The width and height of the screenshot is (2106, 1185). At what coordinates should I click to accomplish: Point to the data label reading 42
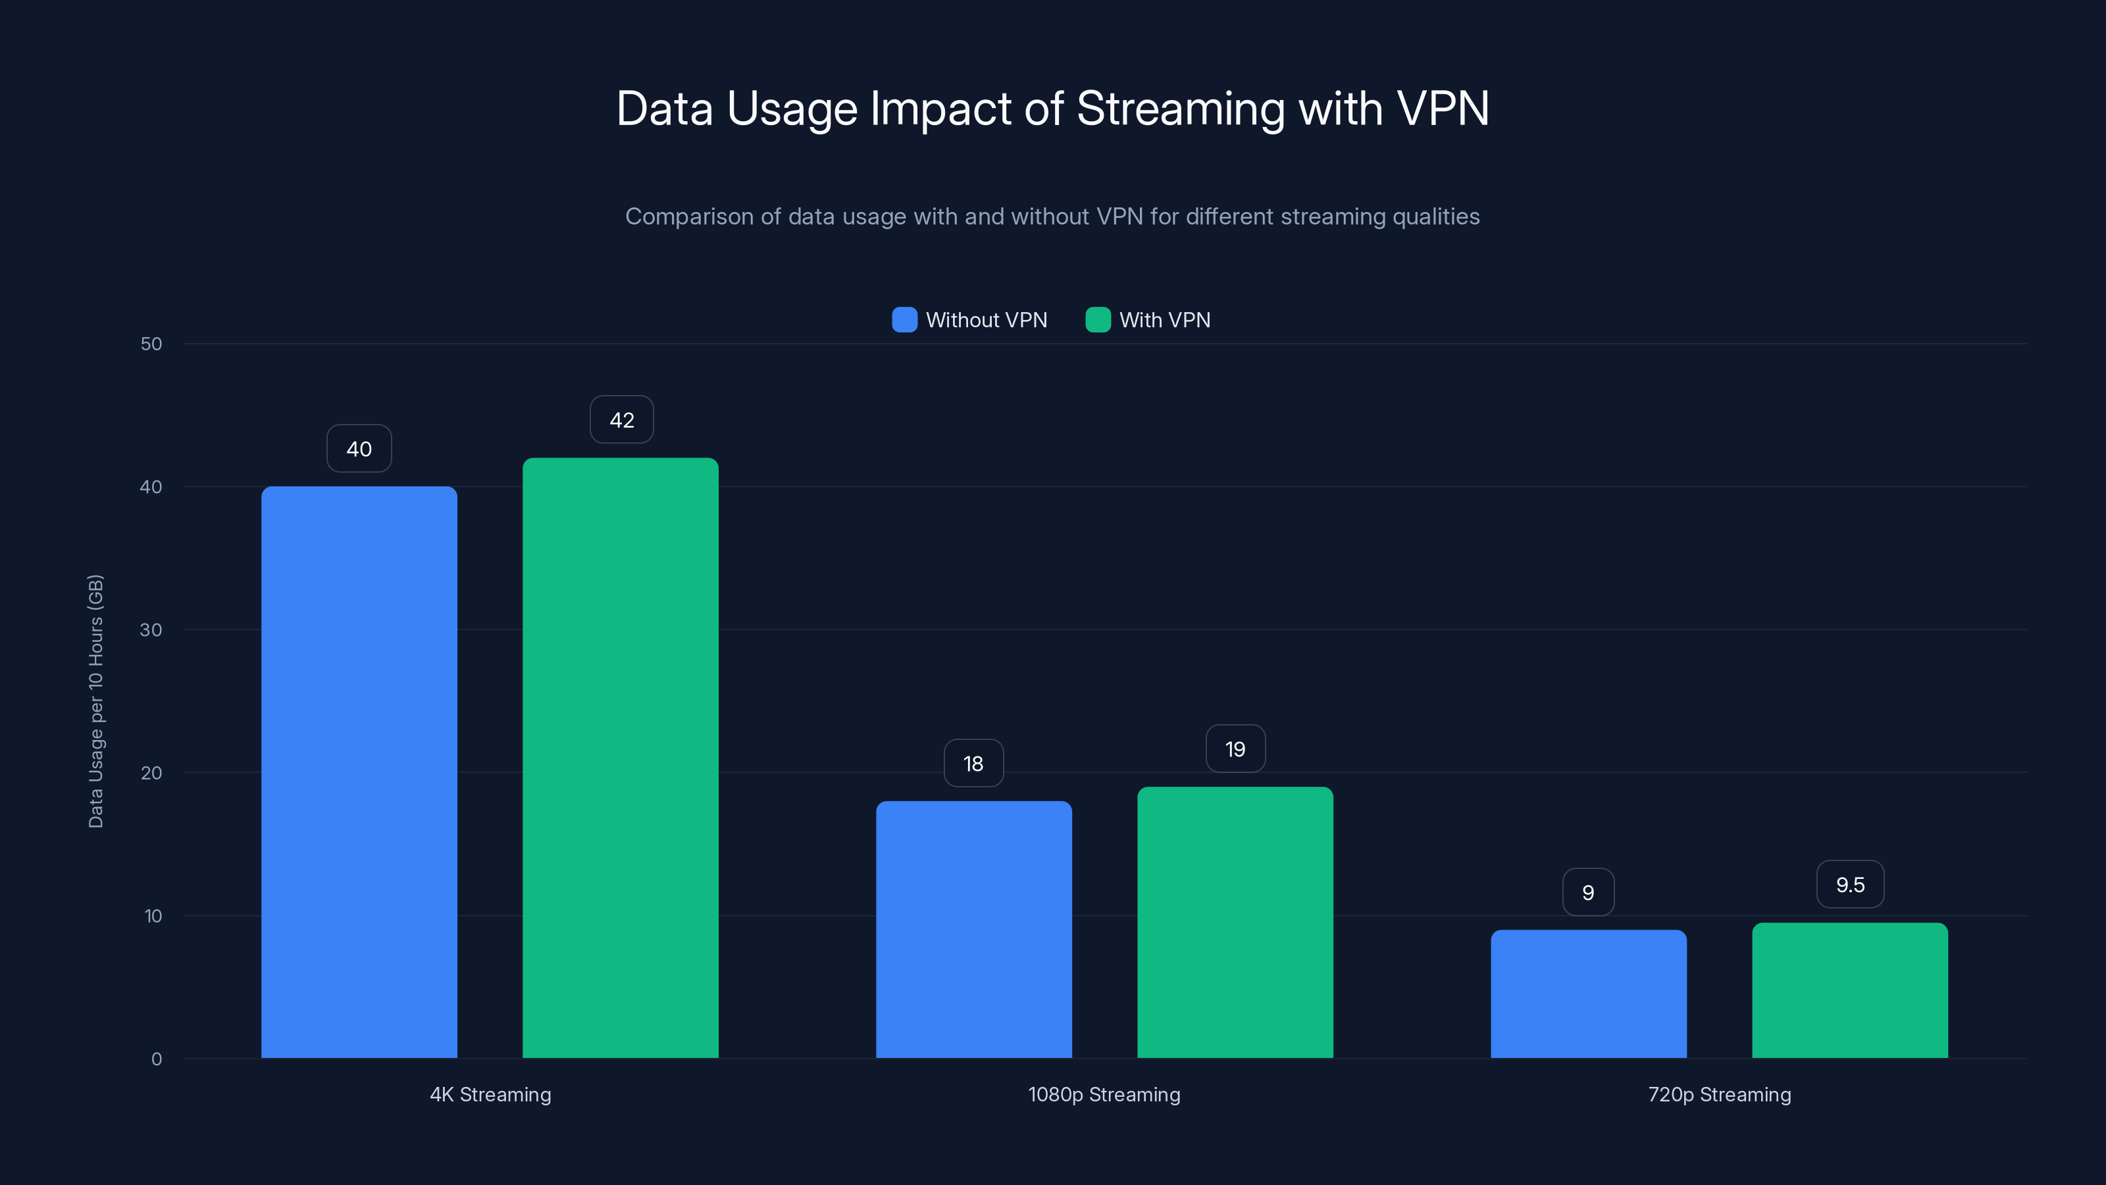pos(621,419)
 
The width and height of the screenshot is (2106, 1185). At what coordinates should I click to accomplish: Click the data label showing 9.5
pos(1850,884)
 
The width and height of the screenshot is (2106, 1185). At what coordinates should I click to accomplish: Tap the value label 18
pos(973,763)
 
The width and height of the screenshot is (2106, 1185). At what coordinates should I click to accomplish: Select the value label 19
pos(1235,749)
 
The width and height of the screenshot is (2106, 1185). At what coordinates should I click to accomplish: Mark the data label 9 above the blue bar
pos(1587,892)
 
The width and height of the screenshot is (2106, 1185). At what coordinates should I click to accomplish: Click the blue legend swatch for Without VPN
pos(904,320)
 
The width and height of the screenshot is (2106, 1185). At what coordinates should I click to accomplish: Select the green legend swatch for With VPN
pos(1097,320)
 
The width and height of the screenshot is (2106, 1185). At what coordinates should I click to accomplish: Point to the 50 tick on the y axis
pos(151,344)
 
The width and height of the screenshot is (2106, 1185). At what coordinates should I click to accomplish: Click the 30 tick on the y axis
pos(151,630)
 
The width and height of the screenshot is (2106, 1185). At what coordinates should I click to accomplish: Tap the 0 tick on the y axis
pos(156,1059)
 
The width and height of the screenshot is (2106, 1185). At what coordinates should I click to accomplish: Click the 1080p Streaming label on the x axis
pos(1104,1094)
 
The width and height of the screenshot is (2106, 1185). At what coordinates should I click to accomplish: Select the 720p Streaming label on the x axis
pos(1719,1094)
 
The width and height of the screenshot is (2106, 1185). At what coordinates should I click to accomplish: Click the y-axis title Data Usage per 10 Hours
pos(95,701)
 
